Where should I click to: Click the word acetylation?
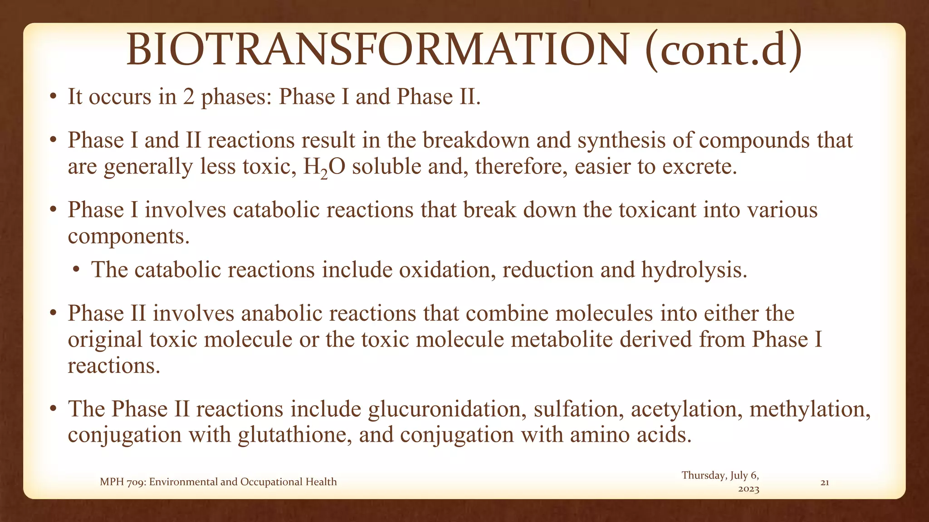(x=686, y=409)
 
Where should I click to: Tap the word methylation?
(x=810, y=409)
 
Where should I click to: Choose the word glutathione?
(x=294, y=435)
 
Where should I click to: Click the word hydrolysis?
(x=694, y=270)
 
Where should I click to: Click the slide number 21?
(x=825, y=483)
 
